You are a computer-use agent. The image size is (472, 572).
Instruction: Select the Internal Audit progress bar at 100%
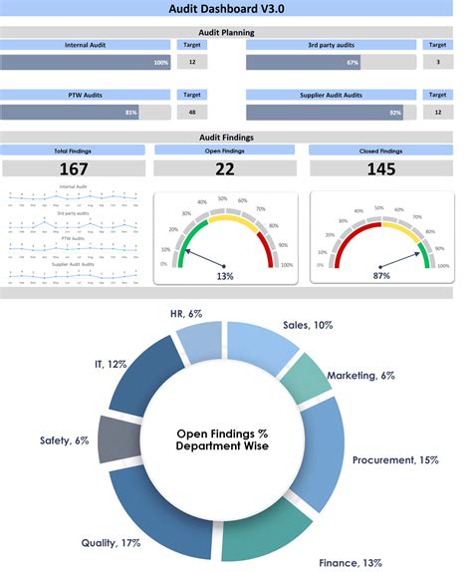[86, 62]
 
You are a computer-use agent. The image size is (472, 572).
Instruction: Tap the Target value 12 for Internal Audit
[191, 62]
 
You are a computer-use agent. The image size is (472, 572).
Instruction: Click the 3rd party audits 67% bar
[304, 62]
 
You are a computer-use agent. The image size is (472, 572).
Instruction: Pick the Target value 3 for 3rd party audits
[437, 62]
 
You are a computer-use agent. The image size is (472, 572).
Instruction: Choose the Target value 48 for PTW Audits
[191, 113]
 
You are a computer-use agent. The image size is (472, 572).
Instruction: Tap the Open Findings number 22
[225, 169]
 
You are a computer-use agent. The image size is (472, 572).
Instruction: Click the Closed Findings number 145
[380, 169]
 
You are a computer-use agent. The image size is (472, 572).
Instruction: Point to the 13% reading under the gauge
[225, 275]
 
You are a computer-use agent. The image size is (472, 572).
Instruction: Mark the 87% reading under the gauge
[380, 275]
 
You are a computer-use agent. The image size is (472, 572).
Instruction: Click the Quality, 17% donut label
[111, 543]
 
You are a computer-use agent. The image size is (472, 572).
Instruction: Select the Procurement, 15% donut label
[394, 460]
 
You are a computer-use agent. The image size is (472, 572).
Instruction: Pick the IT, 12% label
[112, 365]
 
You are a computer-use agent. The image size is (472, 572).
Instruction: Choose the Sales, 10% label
[310, 325]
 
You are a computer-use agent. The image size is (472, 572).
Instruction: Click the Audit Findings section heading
[235, 139]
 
